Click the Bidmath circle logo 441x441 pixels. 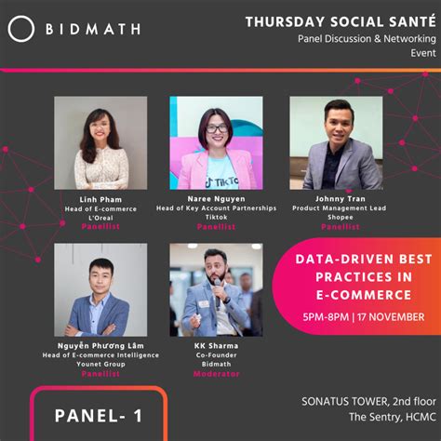click(x=20, y=29)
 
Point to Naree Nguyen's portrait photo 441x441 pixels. click(x=216, y=142)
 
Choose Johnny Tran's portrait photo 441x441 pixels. click(x=335, y=142)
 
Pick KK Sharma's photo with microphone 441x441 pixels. click(x=216, y=289)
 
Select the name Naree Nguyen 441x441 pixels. click(x=216, y=199)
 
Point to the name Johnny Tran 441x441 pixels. click(x=335, y=199)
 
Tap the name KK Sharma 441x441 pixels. click(x=216, y=346)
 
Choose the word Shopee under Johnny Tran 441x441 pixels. click(x=335, y=217)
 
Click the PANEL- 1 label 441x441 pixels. click(x=99, y=415)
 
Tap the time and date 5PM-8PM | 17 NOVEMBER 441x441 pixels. click(x=363, y=316)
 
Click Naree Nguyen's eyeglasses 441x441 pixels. click(x=216, y=128)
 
